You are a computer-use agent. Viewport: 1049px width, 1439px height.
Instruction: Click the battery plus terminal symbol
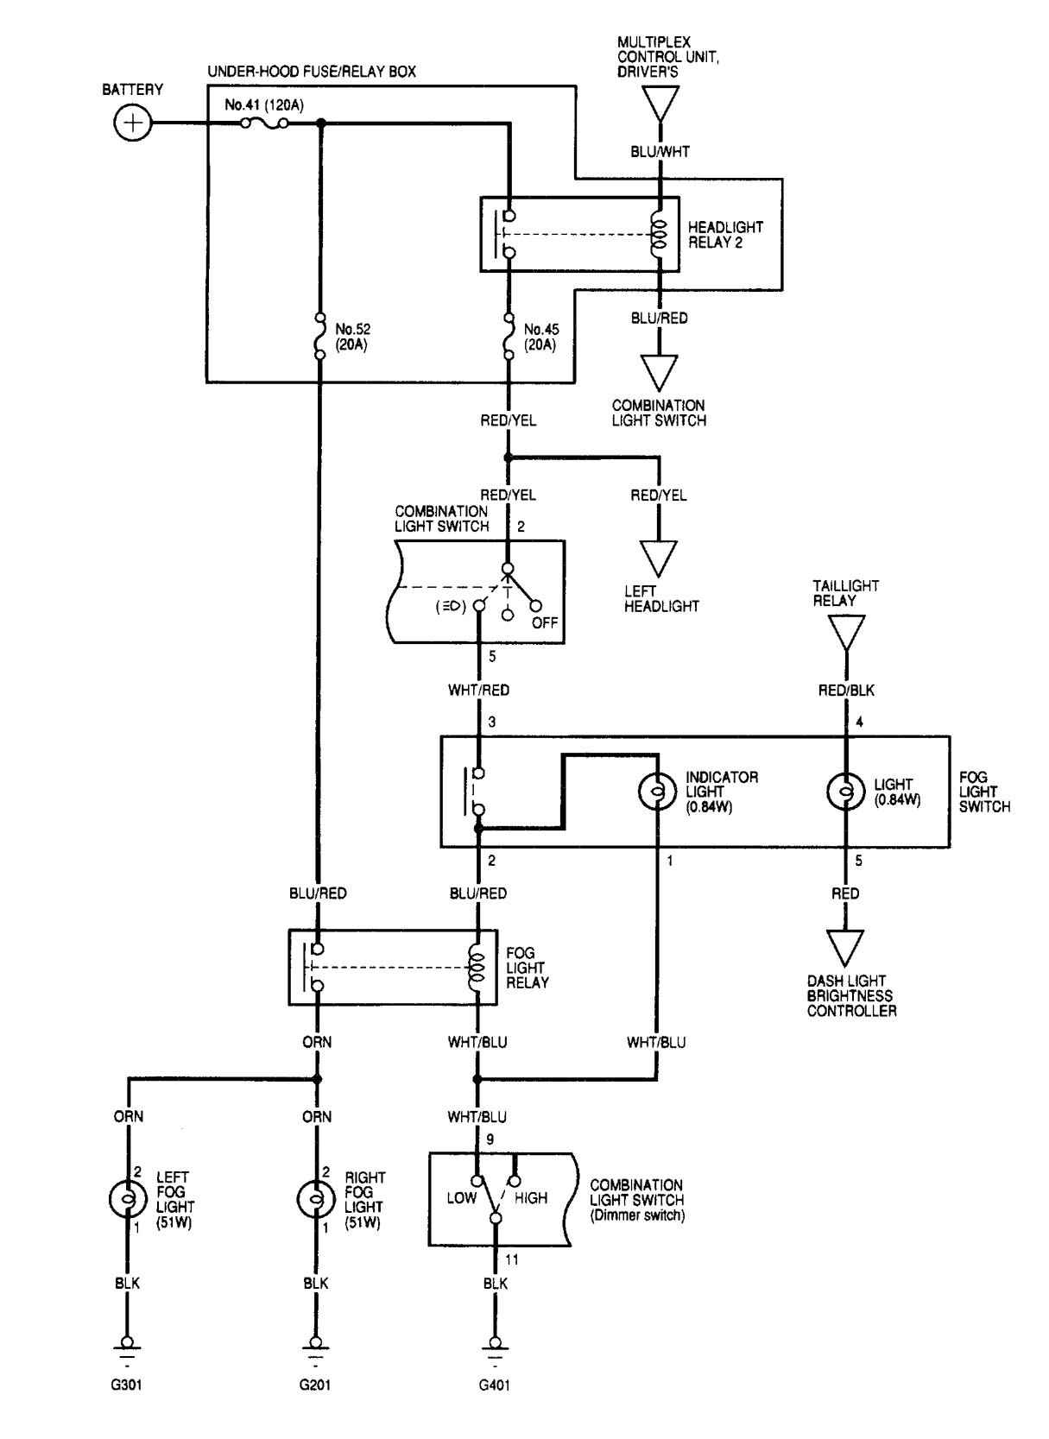[132, 123]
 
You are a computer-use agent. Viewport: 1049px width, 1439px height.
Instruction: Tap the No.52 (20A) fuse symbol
[319, 335]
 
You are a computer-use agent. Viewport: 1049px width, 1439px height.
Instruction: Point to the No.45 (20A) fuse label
[540, 336]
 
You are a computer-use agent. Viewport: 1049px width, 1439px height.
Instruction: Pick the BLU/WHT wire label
[660, 152]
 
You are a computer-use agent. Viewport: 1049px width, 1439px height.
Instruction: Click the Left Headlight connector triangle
[659, 558]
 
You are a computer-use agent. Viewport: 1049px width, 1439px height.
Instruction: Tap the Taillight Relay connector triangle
[845, 636]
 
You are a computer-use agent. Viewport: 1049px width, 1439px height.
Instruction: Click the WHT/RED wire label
[478, 691]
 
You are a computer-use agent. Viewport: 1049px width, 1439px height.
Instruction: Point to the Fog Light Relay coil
[476, 967]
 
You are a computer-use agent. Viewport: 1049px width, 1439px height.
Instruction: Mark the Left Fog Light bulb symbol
[128, 1199]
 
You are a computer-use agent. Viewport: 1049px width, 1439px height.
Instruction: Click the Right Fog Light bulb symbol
[315, 1199]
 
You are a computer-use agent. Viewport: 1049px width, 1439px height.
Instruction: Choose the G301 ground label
[128, 1385]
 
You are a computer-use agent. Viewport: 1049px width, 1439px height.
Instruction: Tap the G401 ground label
[496, 1385]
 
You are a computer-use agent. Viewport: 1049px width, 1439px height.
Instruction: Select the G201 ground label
[315, 1385]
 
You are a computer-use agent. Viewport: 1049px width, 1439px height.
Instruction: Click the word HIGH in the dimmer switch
[531, 1198]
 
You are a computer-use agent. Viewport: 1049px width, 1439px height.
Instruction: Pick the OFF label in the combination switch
[545, 622]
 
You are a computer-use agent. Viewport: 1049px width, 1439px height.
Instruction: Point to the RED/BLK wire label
[846, 691]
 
